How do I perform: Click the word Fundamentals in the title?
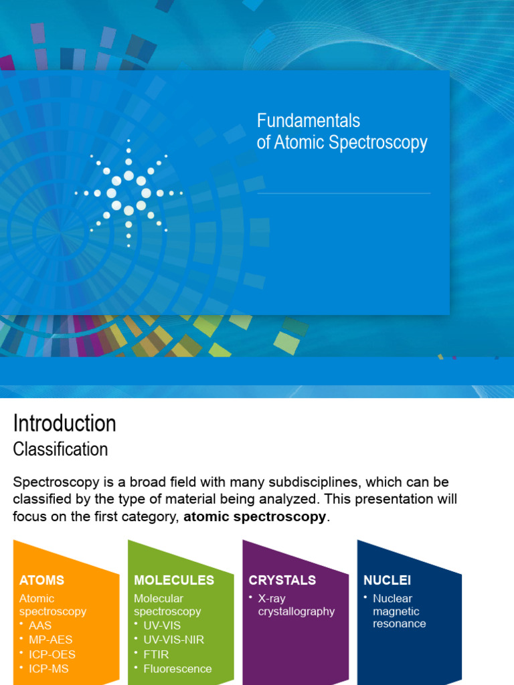(x=309, y=121)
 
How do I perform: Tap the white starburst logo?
(x=128, y=193)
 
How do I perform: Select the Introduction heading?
(x=65, y=423)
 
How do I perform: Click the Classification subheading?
(x=61, y=449)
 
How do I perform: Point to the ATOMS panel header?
(x=42, y=580)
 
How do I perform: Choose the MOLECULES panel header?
(x=174, y=580)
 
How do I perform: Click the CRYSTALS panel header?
(x=282, y=580)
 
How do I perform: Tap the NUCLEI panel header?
(x=388, y=580)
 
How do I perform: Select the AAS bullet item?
(x=40, y=625)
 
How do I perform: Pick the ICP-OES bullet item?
(x=52, y=654)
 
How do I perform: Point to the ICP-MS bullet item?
(x=49, y=668)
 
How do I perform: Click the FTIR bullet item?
(x=156, y=654)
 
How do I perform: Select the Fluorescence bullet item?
(x=177, y=668)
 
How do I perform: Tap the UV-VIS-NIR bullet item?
(x=173, y=640)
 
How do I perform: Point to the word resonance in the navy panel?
(x=400, y=623)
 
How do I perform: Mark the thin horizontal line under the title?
(x=343, y=193)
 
